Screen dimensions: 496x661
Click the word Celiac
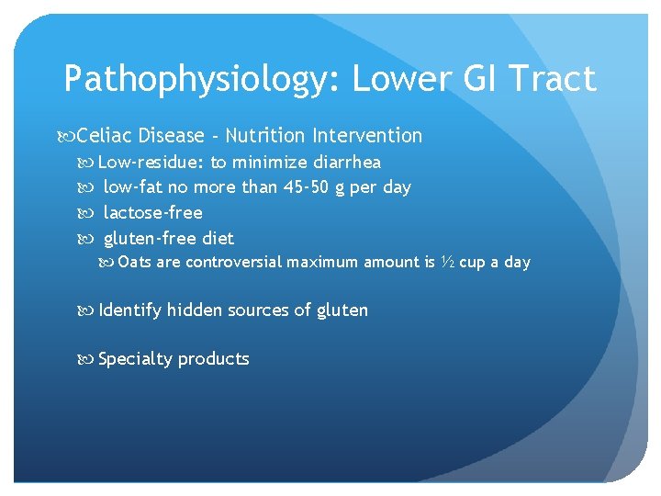(104, 136)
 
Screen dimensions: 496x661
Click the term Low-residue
(150, 163)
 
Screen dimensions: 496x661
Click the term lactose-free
(152, 213)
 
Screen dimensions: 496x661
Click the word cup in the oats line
(472, 263)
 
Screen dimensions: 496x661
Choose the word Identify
(129, 310)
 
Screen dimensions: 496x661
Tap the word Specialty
(135, 359)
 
